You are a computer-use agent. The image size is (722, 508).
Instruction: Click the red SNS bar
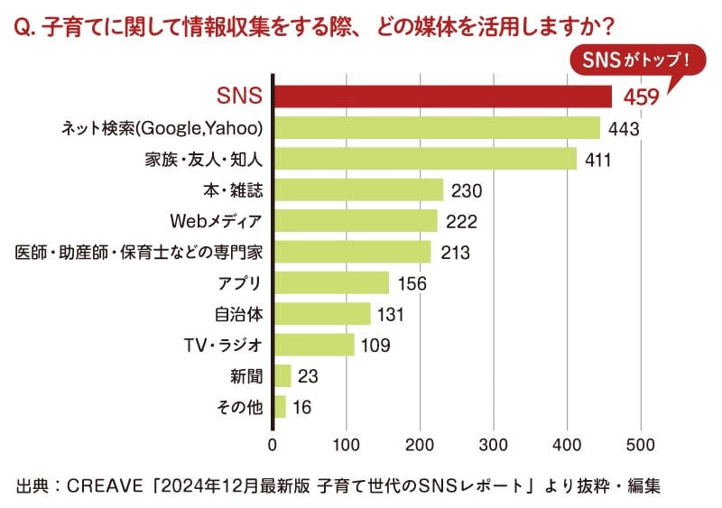coord(442,97)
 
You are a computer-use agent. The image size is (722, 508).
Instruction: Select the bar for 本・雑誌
coord(358,189)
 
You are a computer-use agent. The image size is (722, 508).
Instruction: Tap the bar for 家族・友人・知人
coord(425,159)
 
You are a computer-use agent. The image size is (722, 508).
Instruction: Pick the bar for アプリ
coord(331,282)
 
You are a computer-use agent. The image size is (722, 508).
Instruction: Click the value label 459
coord(637,97)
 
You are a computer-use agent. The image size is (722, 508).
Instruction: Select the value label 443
coord(623,129)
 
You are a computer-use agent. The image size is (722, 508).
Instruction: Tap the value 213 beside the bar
coord(455,253)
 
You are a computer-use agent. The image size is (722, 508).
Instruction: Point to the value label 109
coord(377,346)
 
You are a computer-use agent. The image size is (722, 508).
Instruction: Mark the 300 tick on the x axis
coord(493,444)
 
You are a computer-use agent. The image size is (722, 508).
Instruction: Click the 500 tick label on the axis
coord(640,444)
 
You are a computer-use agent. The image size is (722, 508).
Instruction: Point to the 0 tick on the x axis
coord(273,444)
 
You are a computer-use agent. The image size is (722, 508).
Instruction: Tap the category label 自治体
coord(238,314)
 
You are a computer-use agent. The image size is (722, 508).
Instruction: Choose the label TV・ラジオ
coord(222,345)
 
